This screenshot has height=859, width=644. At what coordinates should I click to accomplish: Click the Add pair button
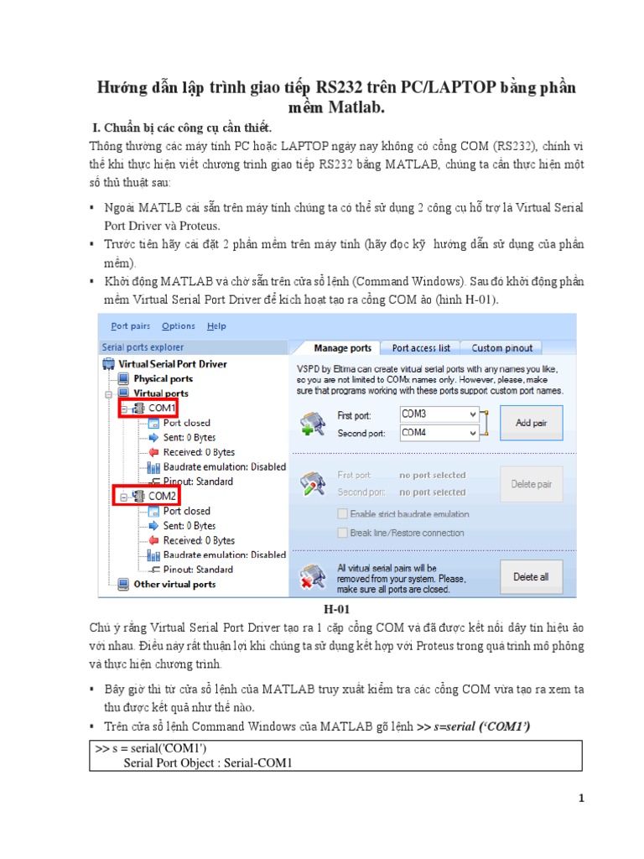[531, 423]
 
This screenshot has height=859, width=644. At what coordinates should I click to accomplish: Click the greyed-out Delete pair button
[531, 484]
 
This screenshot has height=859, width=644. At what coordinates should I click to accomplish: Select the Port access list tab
[420, 347]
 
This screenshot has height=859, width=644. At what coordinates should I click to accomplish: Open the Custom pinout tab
[501, 347]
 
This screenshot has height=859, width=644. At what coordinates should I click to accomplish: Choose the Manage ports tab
[342, 347]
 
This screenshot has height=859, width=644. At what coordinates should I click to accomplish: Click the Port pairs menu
[131, 326]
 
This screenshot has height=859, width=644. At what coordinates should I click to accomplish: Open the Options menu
[179, 326]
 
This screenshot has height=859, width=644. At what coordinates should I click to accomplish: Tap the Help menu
[216, 326]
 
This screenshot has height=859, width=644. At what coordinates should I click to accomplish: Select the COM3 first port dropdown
[439, 414]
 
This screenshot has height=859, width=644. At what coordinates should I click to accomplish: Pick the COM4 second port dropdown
[439, 433]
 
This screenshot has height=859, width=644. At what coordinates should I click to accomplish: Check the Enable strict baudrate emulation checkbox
[342, 513]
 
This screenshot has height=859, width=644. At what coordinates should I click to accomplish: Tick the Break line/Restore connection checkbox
[342, 533]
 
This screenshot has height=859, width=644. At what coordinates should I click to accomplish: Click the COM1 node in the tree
[162, 409]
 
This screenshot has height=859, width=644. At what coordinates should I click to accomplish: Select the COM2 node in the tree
[162, 497]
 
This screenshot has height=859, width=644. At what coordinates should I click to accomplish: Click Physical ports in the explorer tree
[163, 379]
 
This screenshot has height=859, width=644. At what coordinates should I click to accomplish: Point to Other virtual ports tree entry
[174, 585]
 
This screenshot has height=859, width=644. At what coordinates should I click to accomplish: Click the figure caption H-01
[335, 609]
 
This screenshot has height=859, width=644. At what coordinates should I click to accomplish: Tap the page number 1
[580, 799]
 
